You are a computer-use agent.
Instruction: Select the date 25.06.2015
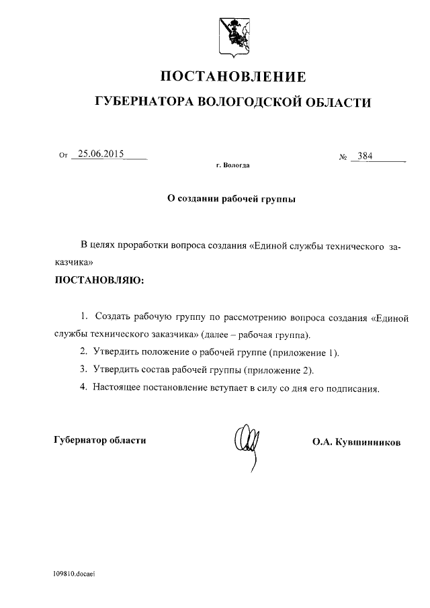101,154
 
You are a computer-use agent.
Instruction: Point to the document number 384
365,156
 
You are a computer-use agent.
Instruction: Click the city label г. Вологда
232,165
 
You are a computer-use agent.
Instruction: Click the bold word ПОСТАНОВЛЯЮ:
99,278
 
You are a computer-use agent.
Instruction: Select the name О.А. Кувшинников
357,443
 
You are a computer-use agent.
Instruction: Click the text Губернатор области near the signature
99,440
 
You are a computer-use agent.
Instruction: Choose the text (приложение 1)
304,352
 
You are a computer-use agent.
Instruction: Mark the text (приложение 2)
279,370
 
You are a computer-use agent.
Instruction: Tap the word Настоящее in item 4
118,388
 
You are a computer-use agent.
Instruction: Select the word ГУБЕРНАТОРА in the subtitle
144,102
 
